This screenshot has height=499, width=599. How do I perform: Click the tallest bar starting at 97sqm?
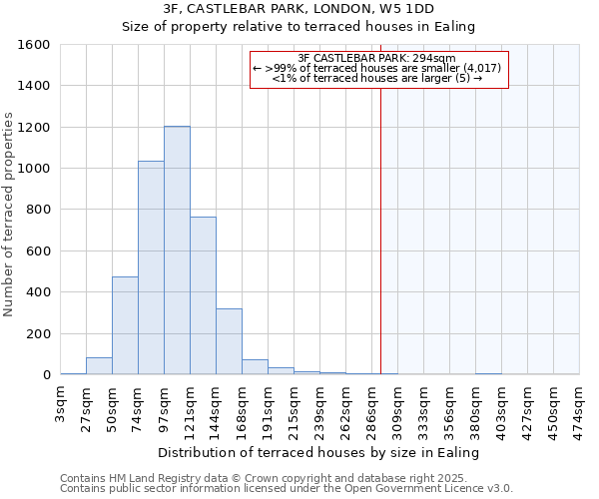177,250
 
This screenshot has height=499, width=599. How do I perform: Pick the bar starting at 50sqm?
125,325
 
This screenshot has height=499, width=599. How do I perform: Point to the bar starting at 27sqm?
99,365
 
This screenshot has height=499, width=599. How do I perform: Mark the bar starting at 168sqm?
255,366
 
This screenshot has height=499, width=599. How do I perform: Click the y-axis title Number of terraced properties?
10,215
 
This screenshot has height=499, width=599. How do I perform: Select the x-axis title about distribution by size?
319,452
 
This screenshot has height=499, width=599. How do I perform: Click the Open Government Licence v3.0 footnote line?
287,489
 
